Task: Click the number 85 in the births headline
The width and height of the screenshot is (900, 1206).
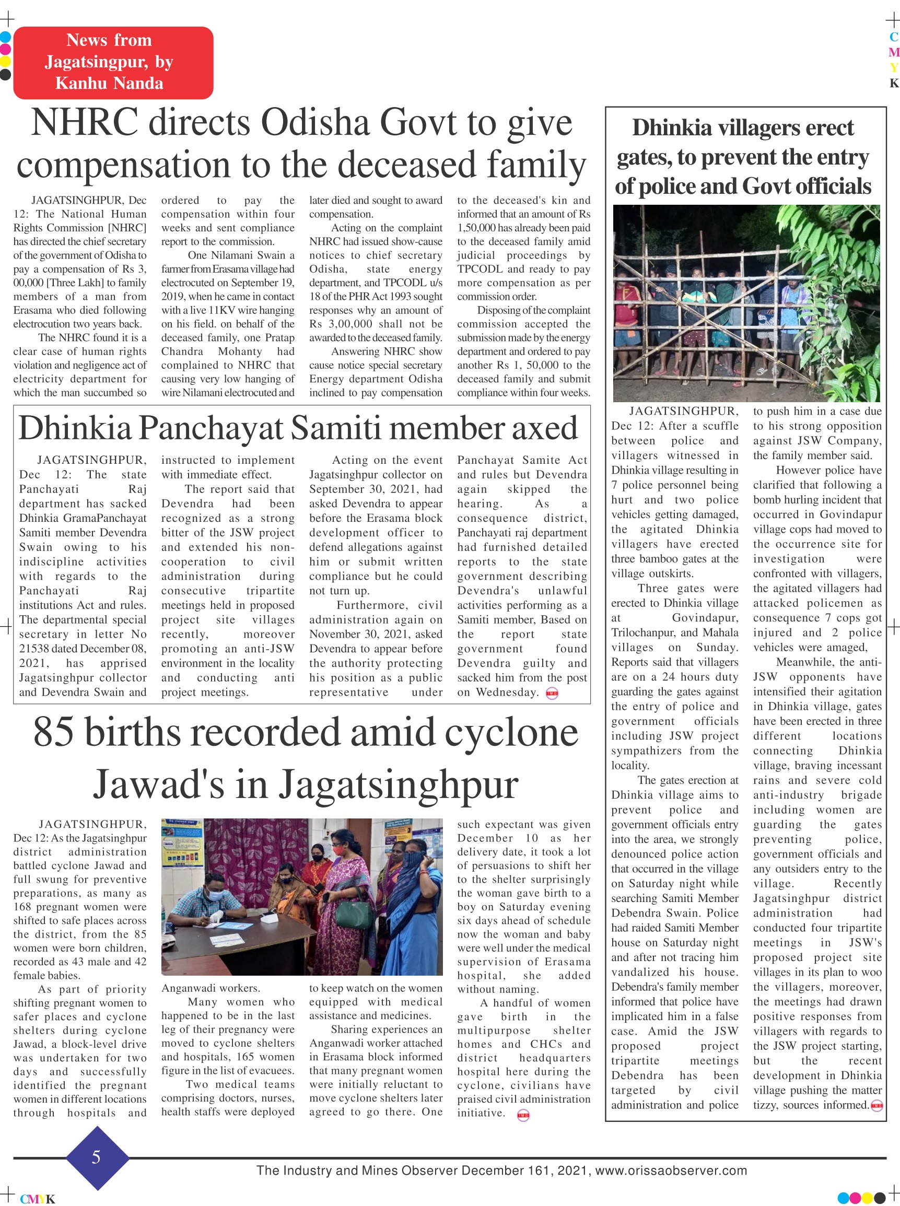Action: pos(53,732)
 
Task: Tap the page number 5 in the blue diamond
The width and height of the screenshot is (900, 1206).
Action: pos(96,1157)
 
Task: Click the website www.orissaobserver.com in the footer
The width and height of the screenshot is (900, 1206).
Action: pos(671,1170)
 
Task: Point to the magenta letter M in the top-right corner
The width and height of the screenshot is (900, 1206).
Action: pos(893,52)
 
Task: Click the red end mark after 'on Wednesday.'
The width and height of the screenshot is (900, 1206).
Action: pos(552,694)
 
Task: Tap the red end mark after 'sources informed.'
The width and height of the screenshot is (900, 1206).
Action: pos(876,1105)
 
